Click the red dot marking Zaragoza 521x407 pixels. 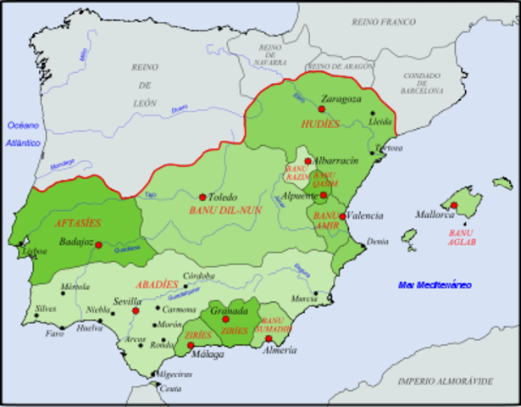pyautogui.click(x=322, y=109)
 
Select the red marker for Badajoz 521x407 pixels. pyautogui.click(x=98, y=245)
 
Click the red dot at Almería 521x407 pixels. pyautogui.click(x=269, y=339)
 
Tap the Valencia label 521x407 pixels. pyautogui.click(x=363, y=215)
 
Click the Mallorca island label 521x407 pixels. pyautogui.click(x=438, y=215)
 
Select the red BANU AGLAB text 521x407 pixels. pyautogui.click(x=460, y=237)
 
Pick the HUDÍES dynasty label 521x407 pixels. pyautogui.click(x=319, y=124)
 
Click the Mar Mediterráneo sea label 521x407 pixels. pyautogui.click(x=435, y=285)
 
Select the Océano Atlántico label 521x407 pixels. pyautogui.click(x=25, y=134)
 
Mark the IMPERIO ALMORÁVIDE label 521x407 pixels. pyautogui.click(x=446, y=382)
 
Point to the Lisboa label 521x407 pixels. pyautogui.click(x=35, y=252)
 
